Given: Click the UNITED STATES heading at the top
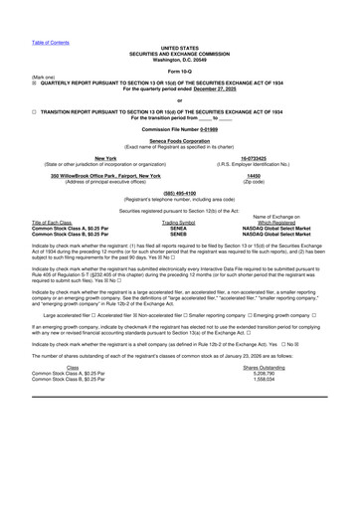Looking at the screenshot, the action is pyautogui.click(x=179, y=19).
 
